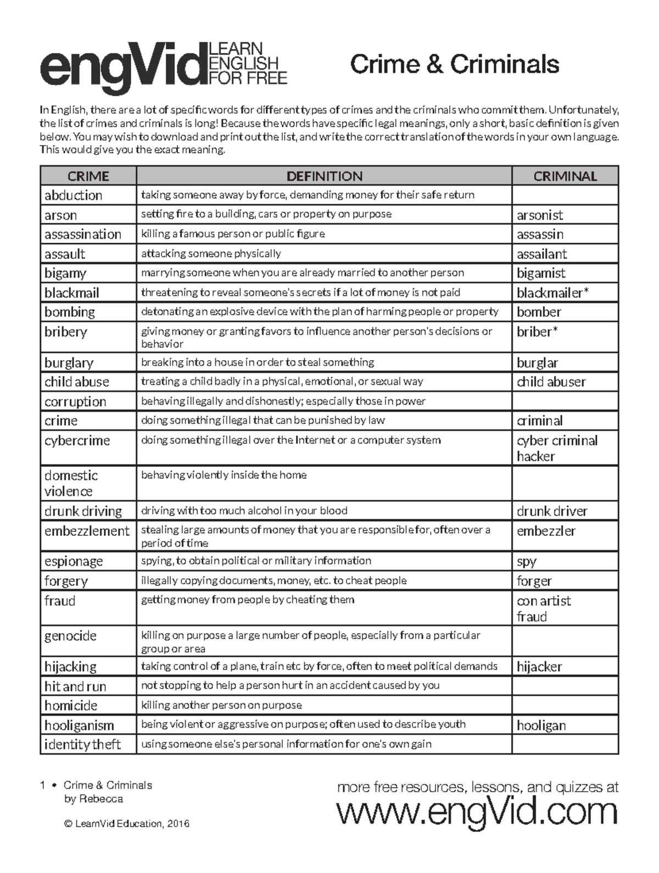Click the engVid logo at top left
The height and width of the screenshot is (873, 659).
[x=163, y=66]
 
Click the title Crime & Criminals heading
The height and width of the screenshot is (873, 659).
[x=454, y=64]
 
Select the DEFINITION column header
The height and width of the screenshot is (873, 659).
[x=324, y=176]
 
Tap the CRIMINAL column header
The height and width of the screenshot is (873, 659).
[x=565, y=176]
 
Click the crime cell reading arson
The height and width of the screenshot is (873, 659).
[x=61, y=215]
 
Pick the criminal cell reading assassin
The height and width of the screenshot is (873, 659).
[x=540, y=234]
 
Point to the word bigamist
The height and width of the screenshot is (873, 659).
[x=541, y=273]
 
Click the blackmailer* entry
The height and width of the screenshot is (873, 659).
[x=552, y=293]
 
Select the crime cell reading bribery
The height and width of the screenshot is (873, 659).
[x=66, y=332]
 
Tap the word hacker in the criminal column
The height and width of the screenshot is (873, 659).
[x=535, y=457]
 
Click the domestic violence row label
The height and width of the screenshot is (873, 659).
[x=71, y=483]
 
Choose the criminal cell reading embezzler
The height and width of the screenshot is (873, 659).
[x=546, y=531]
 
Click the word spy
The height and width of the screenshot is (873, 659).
[x=526, y=562]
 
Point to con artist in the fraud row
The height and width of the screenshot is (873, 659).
[x=544, y=601]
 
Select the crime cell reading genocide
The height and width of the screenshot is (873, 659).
[x=70, y=636]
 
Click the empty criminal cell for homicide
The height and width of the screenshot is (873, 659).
[x=565, y=706]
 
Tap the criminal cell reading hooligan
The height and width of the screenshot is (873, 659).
[x=541, y=725]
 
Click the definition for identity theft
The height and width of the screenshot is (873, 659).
[x=286, y=745]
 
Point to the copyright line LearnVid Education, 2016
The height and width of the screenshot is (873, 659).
[x=127, y=824]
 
